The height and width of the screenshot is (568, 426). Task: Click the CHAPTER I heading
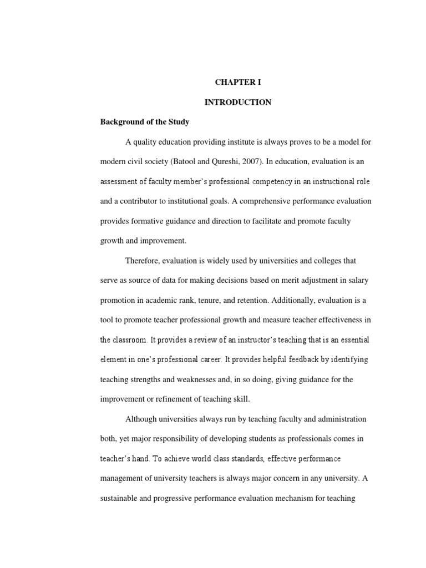238,83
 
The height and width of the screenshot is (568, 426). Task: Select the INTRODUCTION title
238,103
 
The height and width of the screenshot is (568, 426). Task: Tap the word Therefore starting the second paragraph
144,261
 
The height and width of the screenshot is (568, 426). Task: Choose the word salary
357,281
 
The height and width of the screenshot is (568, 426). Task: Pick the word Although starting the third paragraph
143,419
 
